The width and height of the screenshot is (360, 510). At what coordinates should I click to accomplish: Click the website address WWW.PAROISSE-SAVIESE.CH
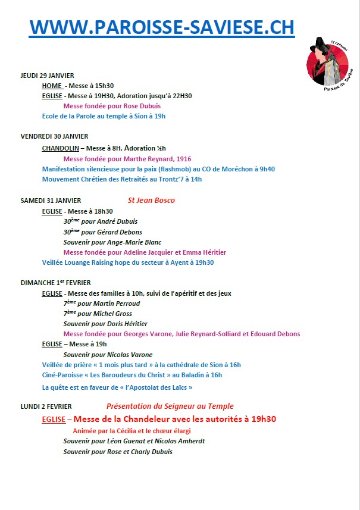tap(162, 27)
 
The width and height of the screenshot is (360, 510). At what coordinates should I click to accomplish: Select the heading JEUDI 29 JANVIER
tap(47, 76)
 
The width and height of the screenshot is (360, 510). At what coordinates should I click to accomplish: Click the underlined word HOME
tap(52, 86)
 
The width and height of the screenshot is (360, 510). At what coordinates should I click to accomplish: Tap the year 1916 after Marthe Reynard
tap(184, 158)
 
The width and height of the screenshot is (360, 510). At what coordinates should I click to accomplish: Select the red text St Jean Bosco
tap(151, 201)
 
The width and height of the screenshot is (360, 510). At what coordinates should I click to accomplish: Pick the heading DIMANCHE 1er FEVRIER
tap(55, 283)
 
